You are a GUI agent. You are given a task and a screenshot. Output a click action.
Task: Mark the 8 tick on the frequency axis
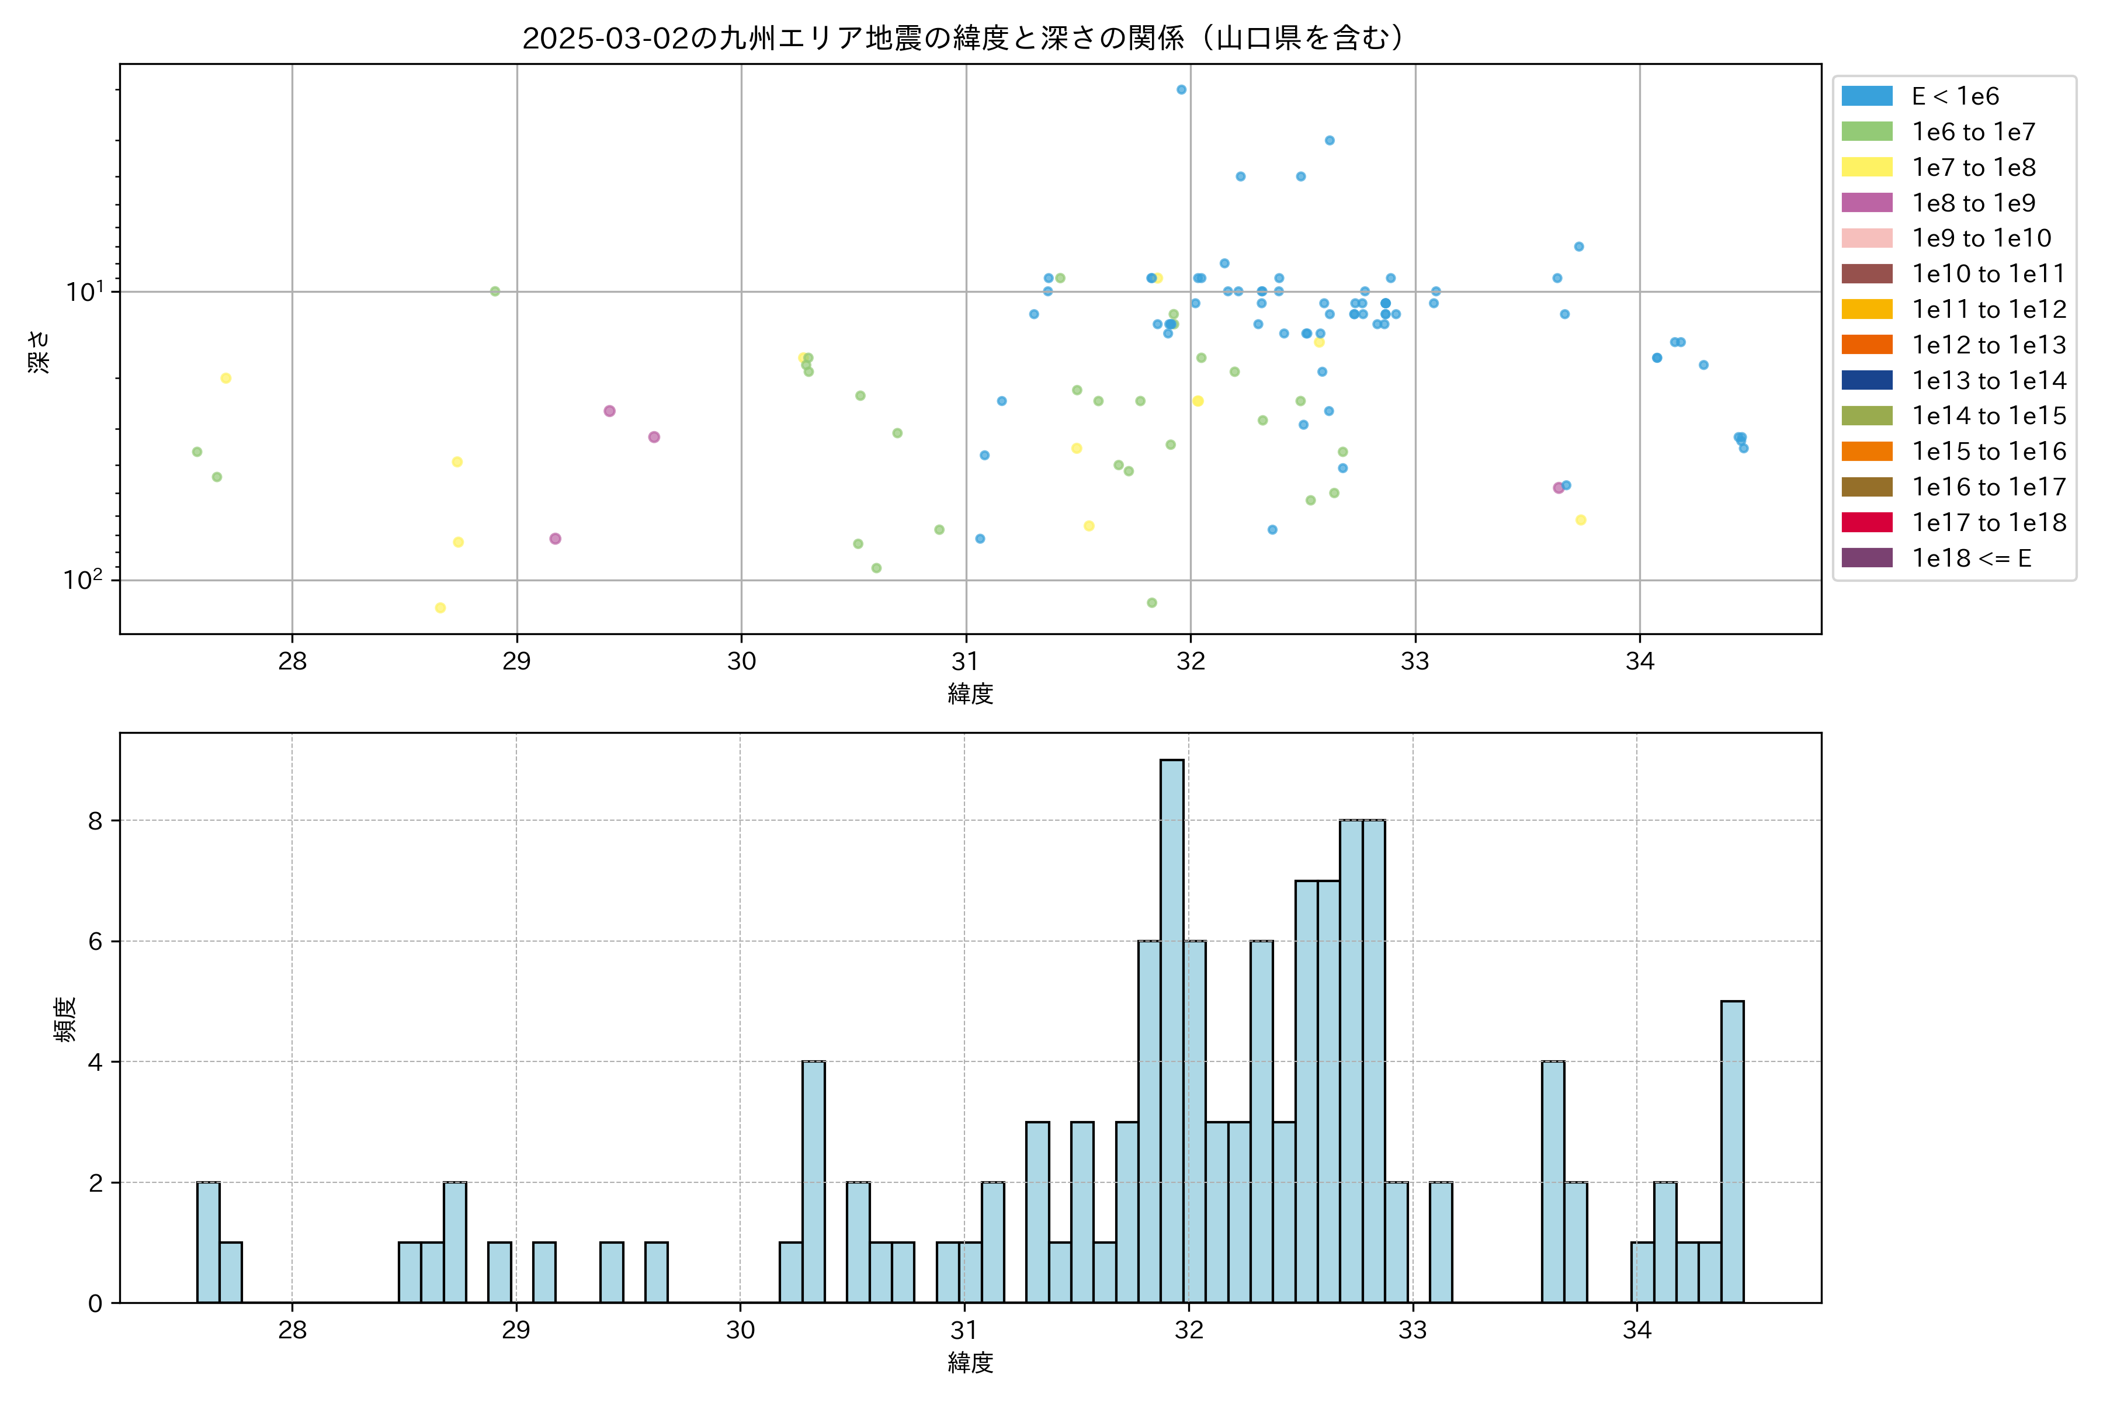(96, 821)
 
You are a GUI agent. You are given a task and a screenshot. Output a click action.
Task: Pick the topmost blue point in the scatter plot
(1181, 89)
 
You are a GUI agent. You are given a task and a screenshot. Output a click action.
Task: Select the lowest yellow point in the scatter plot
(440, 608)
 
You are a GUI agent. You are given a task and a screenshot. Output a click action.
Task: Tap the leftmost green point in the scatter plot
(197, 452)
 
